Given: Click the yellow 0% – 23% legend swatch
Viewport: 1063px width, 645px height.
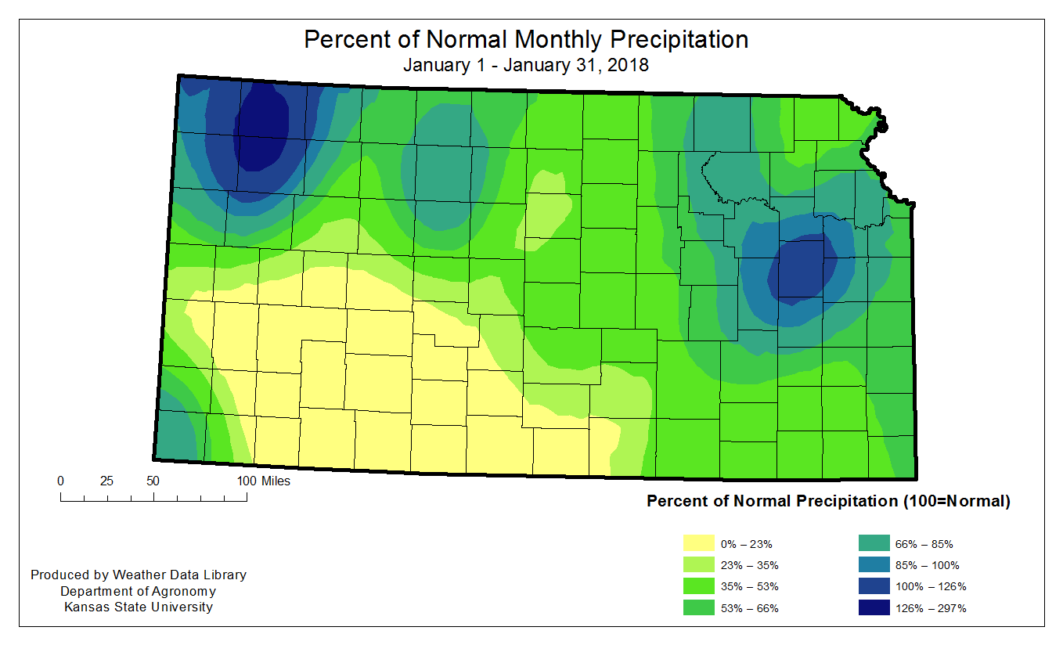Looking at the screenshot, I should click(x=698, y=544).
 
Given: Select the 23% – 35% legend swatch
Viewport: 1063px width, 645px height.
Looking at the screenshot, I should click(x=698, y=565).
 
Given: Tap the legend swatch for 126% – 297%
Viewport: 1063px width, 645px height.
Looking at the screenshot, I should click(x=874, y=608).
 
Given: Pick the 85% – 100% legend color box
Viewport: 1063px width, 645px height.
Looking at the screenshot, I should click(x=874, y=565).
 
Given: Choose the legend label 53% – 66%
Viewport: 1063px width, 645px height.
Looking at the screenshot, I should click(x=749, y=608).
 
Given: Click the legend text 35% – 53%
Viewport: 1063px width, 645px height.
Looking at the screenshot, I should click(x=749, y=587).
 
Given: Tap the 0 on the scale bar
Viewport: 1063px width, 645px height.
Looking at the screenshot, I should click(x=61, y=481).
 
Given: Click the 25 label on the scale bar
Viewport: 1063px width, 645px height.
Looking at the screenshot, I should click(x=107, y=481).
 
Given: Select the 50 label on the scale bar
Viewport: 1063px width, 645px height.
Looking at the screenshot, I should click(x=153, y=481).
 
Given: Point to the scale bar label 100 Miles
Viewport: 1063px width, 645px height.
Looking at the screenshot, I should click(x=263, y=481).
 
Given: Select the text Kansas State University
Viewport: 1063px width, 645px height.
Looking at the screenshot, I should click(x=139, y=607).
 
